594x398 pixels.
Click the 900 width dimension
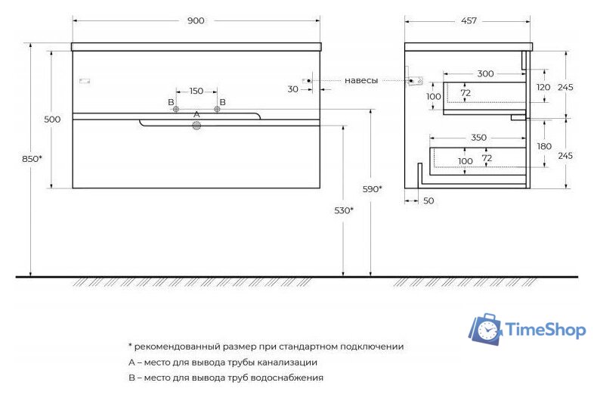(196, 21)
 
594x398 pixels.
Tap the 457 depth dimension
(469, 21)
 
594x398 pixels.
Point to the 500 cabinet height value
(52, 120)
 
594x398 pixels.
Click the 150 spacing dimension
(196, 92)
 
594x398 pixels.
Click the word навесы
(361, 80)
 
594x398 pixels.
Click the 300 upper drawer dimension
(485, 74)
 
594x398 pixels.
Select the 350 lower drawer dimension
(478, 138)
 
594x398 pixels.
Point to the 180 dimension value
(544, 147)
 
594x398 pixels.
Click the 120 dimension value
(544, 87)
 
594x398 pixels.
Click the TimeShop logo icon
(485, 329)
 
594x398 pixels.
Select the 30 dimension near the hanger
(292, 89)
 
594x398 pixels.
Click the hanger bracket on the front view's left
(84, 79)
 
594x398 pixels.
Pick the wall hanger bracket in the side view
(412, 79)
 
